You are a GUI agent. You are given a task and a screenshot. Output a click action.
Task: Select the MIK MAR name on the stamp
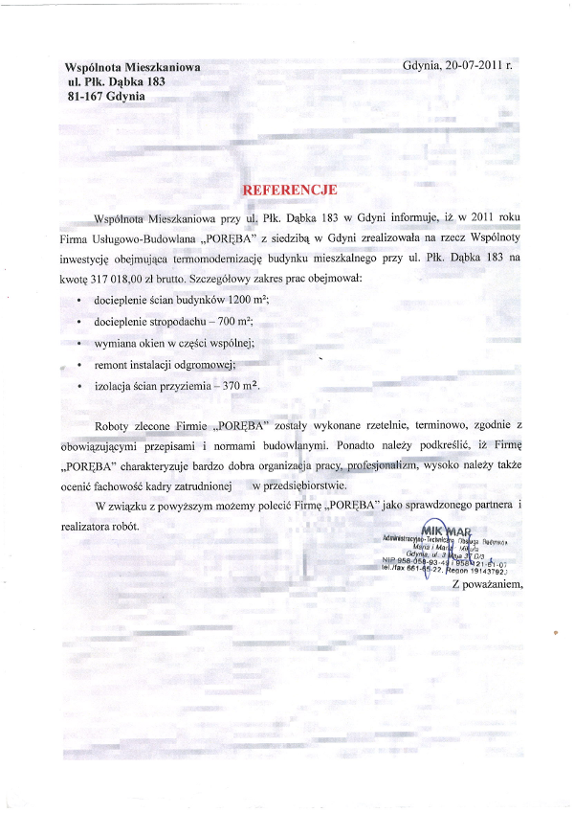point(446,523)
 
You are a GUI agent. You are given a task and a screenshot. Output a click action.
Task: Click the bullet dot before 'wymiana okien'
point(77,343)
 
